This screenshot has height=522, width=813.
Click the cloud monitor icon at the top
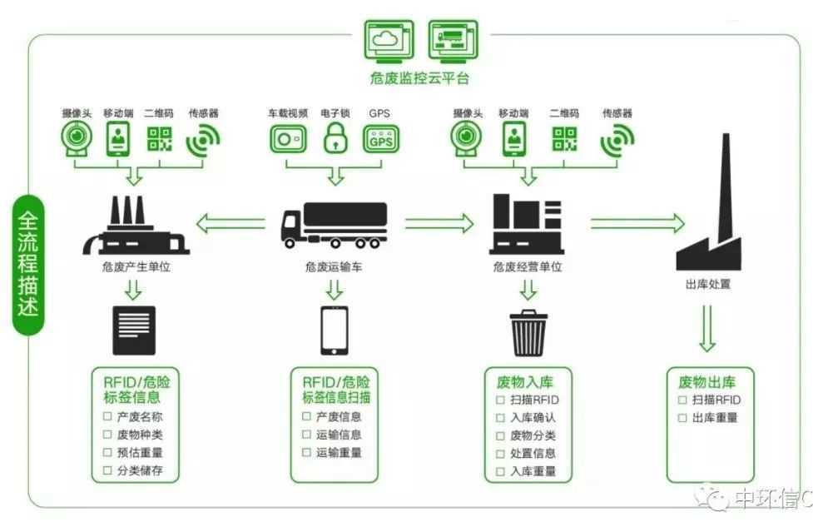389,39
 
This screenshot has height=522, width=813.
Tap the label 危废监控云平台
419,78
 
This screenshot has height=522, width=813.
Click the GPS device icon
381,138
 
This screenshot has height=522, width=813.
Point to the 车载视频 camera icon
288,138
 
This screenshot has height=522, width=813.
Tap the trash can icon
528,332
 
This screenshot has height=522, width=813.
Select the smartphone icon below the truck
334,331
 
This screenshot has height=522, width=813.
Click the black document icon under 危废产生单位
133,331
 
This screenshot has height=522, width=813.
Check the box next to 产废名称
107,416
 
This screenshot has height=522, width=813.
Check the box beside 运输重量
306,453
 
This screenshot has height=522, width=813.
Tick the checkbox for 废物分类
500,435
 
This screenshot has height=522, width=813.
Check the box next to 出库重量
682,417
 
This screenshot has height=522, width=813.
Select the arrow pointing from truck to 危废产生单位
235,223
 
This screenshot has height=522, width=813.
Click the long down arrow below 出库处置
706,329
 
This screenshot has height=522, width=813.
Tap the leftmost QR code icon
159,138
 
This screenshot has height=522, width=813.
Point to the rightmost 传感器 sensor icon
617,139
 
